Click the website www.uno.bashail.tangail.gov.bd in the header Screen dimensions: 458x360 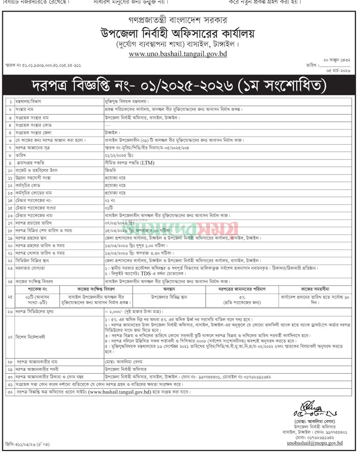178,53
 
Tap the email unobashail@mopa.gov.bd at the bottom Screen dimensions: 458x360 314,443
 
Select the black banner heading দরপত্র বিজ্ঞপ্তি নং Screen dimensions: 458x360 180,86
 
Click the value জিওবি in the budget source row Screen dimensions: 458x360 110,170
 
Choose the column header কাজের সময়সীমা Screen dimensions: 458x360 315,289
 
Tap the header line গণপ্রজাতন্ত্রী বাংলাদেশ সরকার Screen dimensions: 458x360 177,20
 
